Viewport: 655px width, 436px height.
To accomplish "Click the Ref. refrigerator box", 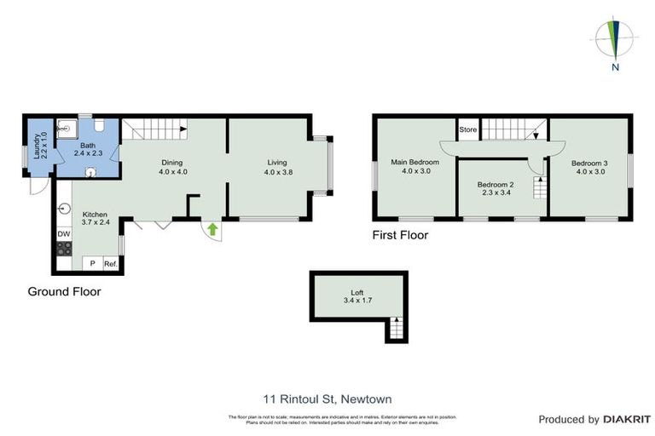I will [x=110, y=264].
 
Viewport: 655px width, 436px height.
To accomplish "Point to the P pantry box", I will [x=92, y=264].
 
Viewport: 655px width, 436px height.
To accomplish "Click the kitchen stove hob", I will [x=64, y=250].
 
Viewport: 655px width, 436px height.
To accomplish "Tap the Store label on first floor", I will [x=468, y=130].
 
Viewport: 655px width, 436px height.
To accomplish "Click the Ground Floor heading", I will [x=63, y=291].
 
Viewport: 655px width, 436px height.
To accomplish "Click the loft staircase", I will [x=394, y=328].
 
